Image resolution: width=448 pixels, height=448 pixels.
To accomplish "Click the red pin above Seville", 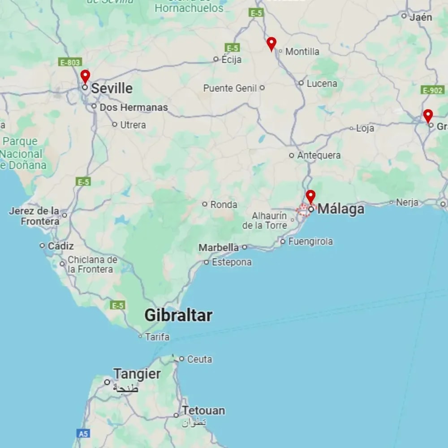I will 85,76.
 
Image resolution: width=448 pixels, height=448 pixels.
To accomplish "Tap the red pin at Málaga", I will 310,196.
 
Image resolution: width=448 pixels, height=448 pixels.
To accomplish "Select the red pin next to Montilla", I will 271,43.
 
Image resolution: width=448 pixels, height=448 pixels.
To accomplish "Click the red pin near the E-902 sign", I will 428,115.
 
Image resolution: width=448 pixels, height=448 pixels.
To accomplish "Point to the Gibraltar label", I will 178,315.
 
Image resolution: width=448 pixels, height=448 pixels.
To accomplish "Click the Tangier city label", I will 137,374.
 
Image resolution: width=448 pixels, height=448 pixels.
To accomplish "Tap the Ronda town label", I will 224,205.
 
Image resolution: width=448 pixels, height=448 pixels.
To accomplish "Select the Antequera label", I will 319,155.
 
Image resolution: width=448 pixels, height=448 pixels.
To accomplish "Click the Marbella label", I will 219,247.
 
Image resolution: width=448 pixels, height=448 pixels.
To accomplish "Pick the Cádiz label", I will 60,246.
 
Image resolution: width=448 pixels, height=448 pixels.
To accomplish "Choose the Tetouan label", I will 203,410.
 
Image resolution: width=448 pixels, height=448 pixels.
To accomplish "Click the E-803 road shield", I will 70,63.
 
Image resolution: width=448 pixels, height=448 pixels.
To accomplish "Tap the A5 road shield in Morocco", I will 83,433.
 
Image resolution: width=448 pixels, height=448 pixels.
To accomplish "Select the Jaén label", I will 421,17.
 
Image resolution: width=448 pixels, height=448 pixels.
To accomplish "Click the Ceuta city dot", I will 181,358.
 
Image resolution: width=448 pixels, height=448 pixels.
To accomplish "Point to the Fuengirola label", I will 310,241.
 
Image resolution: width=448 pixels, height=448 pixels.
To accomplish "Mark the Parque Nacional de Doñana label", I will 22,153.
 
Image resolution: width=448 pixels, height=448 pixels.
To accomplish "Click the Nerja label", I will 407,202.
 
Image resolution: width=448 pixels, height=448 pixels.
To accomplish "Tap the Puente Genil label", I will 230,88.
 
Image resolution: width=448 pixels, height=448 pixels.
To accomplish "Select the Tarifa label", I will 157,337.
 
